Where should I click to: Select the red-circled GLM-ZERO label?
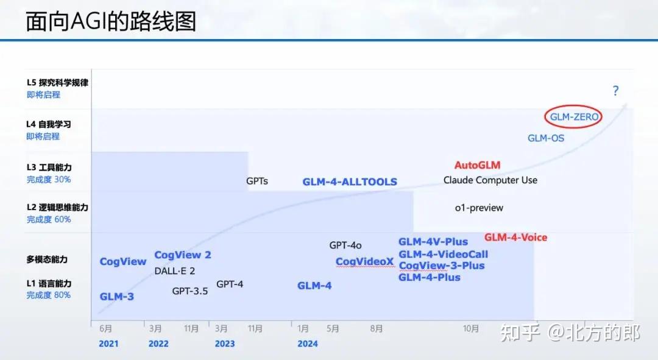coord(573,117)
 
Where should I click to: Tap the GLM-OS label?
coord(546,138)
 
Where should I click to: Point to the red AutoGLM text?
coord(477,166)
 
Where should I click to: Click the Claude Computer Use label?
coord(490,180)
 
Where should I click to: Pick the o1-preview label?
coord(479,208)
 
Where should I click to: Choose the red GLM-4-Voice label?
coord(515,238)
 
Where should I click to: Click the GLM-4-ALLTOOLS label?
coord(350,182)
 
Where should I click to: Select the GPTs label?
coord(256,181)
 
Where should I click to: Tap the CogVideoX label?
coord(364,262)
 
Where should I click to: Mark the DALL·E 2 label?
coord(174,271)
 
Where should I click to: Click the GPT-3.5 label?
coord(189,291)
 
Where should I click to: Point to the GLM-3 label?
coord(116,297)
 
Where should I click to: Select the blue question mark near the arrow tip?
coord(615,91)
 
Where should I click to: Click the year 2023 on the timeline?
coord(224,344)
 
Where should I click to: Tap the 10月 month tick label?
coord(470,329)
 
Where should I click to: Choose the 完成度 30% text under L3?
coord(48,180)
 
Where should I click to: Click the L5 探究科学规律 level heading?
coord(57,83)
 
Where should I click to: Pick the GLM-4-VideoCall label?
coord(443,254)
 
